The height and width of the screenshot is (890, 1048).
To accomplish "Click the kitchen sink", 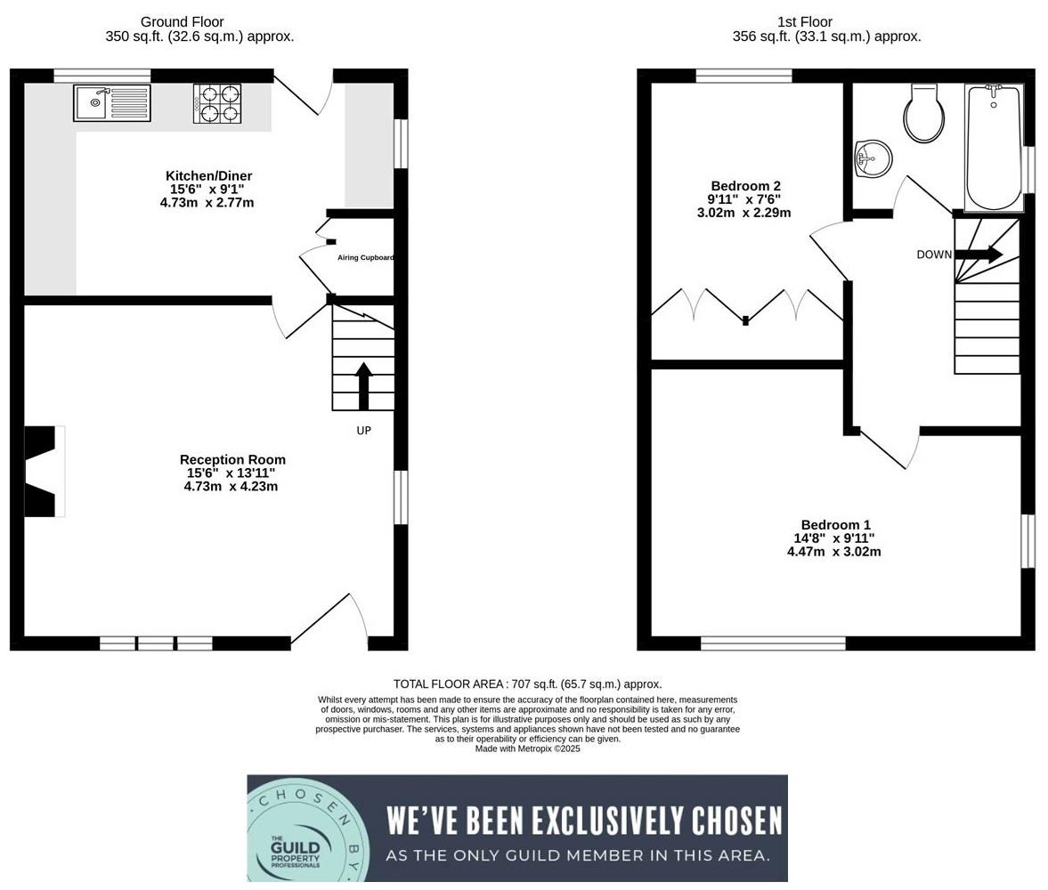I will [x=112, y=103].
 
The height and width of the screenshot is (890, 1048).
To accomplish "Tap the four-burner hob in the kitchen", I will [x=217, y=103].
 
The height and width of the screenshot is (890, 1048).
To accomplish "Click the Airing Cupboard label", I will [x=365, y=258].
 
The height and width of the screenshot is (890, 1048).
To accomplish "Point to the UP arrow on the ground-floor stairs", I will [x=363, y=385].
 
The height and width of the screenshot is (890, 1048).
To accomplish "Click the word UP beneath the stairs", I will [x=363, y=431].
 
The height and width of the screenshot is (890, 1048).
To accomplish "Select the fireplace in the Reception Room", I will [x=41, y=472].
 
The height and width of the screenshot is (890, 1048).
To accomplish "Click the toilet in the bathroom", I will [x=924, y=114].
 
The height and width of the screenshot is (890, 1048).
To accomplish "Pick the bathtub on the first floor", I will [x=994, y=147].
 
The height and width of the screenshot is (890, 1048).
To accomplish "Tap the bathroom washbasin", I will [x=872, y=160].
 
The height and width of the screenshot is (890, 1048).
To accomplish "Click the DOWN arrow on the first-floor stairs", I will [x=979, y=255].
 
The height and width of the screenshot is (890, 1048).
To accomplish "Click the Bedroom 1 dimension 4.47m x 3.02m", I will [x=834, y=552].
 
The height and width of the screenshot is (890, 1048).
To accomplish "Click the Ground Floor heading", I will [x=182, y=21].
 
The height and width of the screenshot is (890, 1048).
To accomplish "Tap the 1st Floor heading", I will [x=804, y=21].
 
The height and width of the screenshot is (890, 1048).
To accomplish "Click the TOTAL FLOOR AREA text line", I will [x=527, y=684].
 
